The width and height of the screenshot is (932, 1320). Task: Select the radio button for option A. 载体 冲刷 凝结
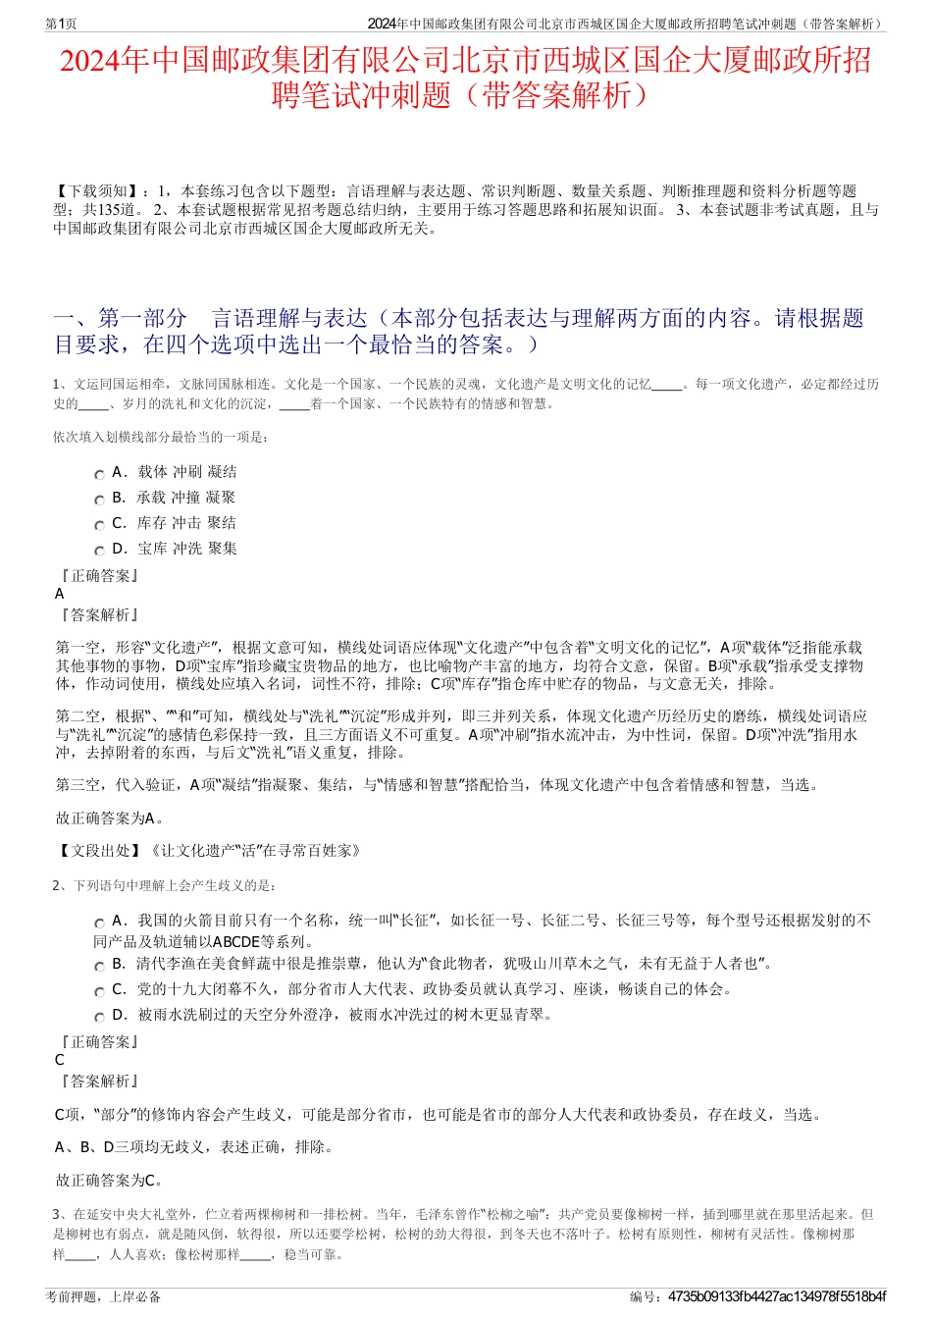point(99,474)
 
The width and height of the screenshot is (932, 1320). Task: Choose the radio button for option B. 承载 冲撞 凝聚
point(99,500)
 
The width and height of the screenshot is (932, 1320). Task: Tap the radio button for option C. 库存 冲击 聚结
point(99,525)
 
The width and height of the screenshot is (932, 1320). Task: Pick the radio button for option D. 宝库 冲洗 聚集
point(99,551)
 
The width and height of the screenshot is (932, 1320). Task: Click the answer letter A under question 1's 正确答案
point(60,594)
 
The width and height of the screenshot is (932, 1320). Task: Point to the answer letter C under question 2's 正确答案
point(60,1060)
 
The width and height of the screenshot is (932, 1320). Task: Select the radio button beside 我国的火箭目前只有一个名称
point(99,923)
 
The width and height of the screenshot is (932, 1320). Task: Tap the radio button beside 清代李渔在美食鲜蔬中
point(99,966)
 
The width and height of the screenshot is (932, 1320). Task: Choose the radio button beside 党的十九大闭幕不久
point(99,991)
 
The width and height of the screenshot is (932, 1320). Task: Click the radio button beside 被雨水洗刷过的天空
point(99,1017)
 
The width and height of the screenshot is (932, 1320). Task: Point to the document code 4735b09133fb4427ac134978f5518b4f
point(776,1296)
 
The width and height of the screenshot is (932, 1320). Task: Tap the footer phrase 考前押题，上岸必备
point(103,1296)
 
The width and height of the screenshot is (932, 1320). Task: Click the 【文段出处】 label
point(99,850)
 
